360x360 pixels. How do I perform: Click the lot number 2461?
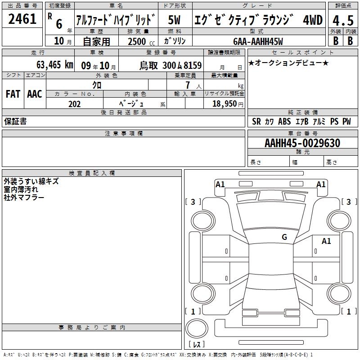(x=22, y=19)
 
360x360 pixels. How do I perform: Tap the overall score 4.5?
(x=343, y=20)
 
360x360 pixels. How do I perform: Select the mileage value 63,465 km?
(x=54, y=65)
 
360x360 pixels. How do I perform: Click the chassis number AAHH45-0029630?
(x=302, y=143)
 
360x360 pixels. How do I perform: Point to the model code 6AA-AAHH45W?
(x=258, y=41)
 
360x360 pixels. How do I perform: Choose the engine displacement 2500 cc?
(x=141, y=41)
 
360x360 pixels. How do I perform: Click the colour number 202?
(x=74, y=104)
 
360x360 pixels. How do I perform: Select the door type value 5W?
(x=174, y=20)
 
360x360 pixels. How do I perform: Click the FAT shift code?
(x=13, y=94)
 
